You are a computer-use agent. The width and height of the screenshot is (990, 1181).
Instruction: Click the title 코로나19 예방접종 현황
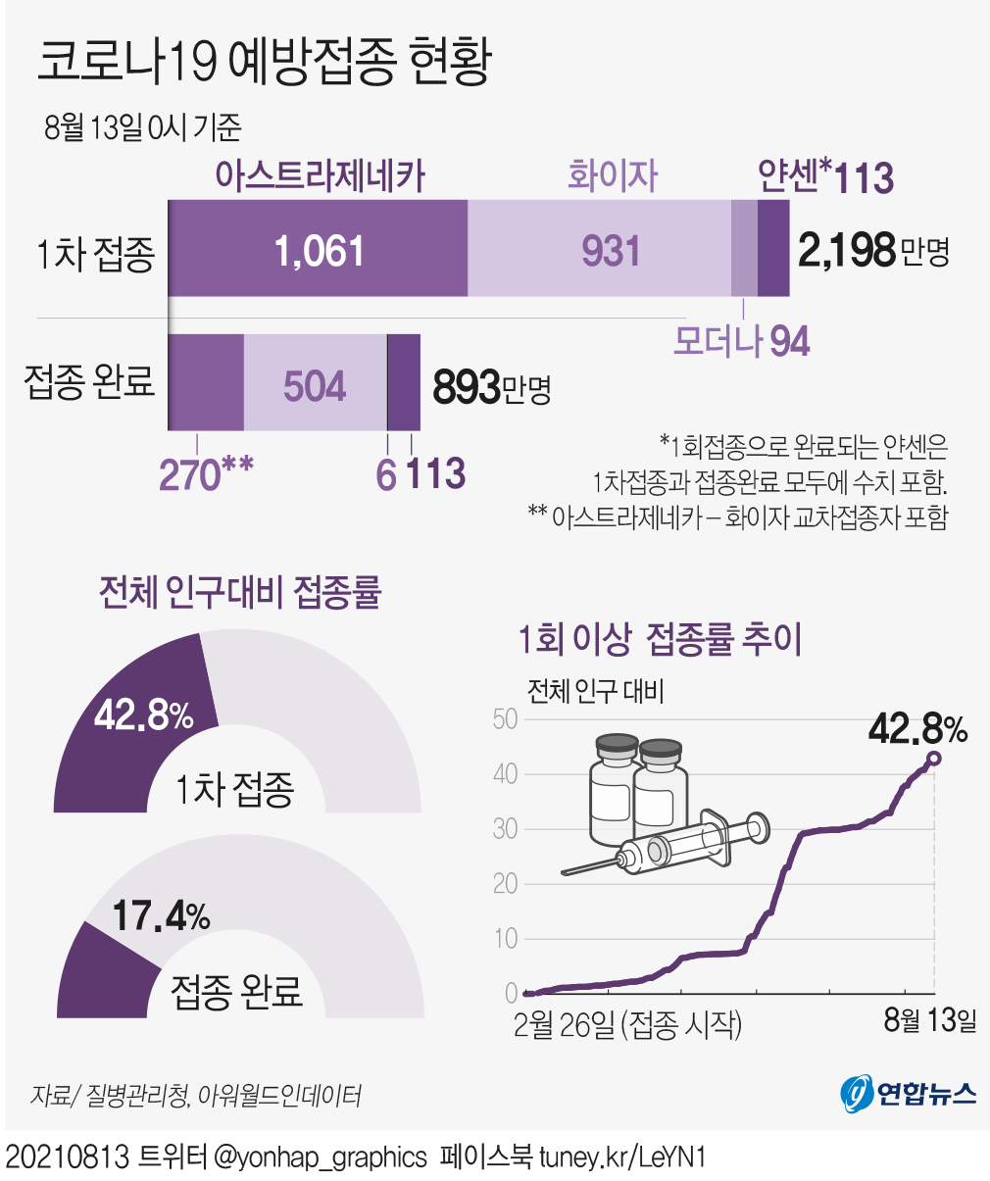264,63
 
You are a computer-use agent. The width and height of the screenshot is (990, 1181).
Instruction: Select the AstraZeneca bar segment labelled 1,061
319,250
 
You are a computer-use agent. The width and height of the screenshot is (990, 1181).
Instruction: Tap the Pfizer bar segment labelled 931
610,250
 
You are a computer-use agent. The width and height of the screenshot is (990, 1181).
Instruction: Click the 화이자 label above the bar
612,176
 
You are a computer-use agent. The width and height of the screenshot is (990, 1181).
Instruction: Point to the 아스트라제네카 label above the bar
321,176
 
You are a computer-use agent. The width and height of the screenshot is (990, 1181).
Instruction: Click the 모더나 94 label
741,341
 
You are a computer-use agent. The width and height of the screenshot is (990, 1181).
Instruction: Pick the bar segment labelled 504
315,385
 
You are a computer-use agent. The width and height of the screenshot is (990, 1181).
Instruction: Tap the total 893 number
467,387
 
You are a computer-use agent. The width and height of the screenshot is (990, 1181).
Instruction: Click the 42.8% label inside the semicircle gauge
144,715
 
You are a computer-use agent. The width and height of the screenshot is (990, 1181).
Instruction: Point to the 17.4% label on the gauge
161,916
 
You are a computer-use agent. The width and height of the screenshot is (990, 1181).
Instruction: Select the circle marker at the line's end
933,759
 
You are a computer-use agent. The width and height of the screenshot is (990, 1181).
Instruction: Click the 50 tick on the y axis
505,719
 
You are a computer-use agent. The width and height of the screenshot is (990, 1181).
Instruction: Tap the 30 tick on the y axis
505,829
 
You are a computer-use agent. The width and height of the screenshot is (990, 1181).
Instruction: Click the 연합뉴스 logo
908,1092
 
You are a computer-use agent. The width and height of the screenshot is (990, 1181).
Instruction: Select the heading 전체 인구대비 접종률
240,592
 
